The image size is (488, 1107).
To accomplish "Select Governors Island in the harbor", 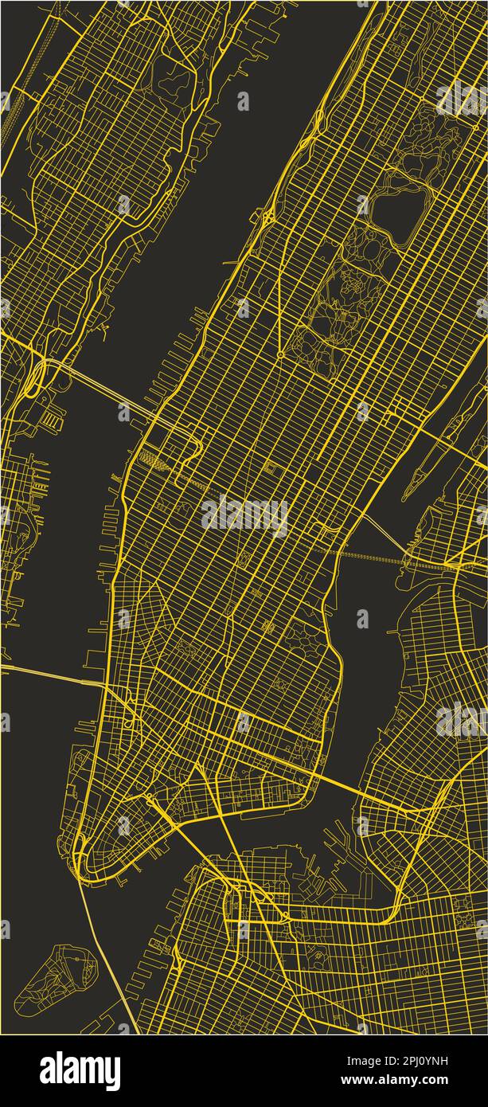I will [x=55, y=979].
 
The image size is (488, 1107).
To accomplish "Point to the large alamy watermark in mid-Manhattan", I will [x=244, y=515].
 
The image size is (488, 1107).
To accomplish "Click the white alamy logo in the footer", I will [x=80, y=1071].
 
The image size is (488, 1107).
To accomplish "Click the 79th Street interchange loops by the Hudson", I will [x=267, y=216].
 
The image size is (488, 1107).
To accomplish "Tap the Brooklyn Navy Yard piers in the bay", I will [x=338, y=844].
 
